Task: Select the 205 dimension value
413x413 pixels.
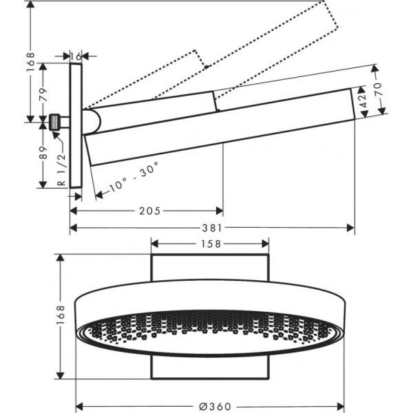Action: point(148,211)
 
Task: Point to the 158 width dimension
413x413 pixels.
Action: point(210,244)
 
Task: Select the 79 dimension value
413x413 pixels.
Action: point(42,92)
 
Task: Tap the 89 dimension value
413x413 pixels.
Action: point(42,153)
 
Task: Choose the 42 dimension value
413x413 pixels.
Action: point(360,103)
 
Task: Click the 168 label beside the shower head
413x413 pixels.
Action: point(61,315)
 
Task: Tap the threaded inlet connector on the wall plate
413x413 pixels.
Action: point(54,122)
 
